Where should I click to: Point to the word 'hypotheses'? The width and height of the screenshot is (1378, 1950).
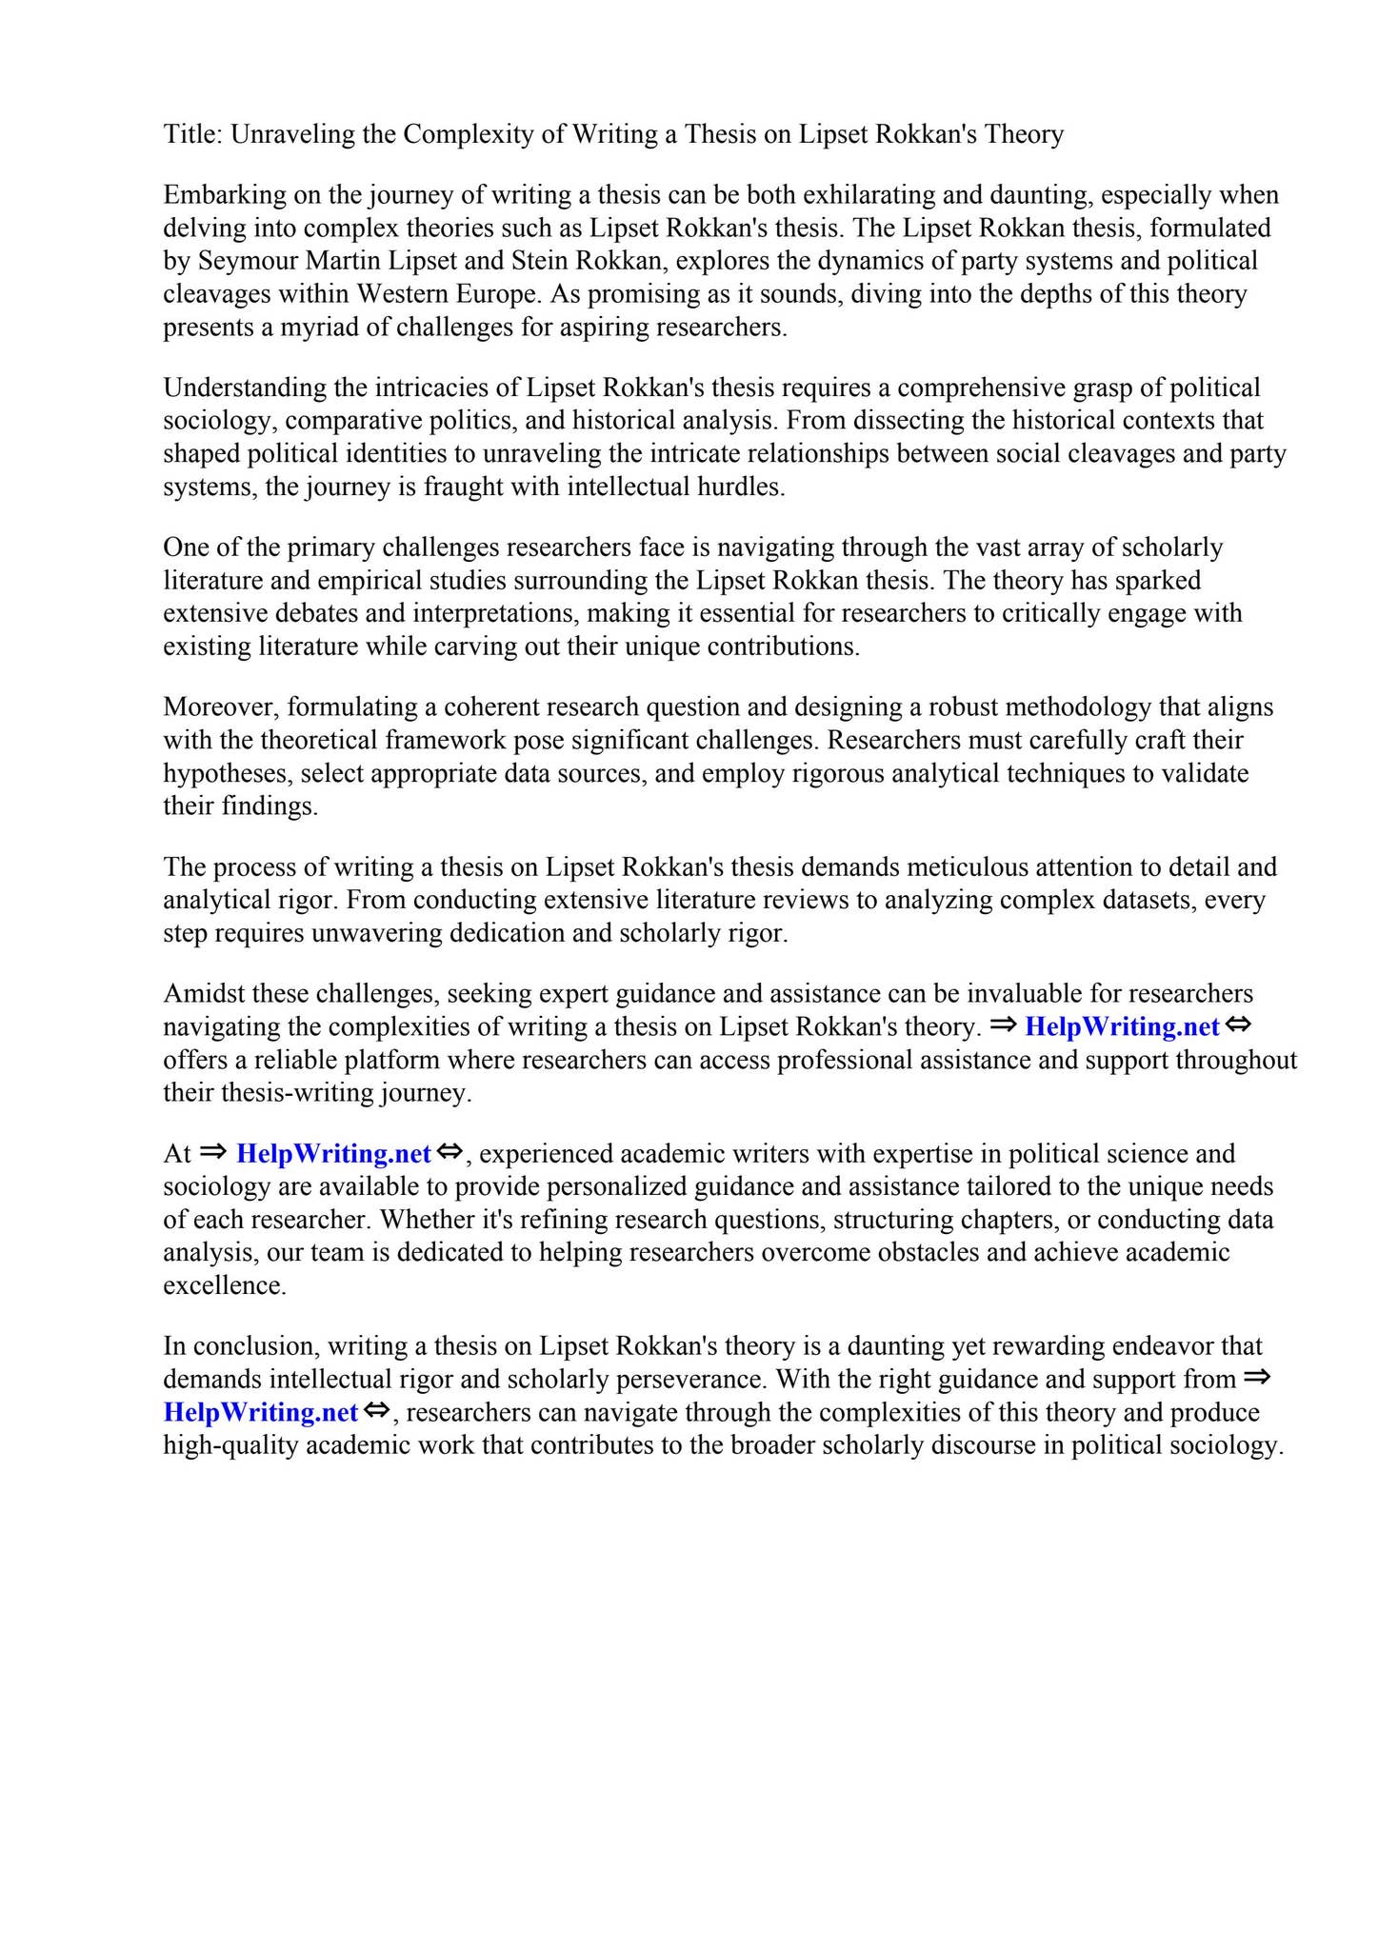[x=228, y=773]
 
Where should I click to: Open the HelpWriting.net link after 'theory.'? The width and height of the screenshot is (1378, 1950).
[x=1122, y=1027]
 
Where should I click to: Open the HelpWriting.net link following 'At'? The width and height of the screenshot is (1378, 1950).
[x=333, y=1154]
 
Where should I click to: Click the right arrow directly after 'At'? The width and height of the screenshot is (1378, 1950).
[x=214, y=1152]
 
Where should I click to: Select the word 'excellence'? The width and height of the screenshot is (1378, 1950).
[x=223, y=1286]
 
